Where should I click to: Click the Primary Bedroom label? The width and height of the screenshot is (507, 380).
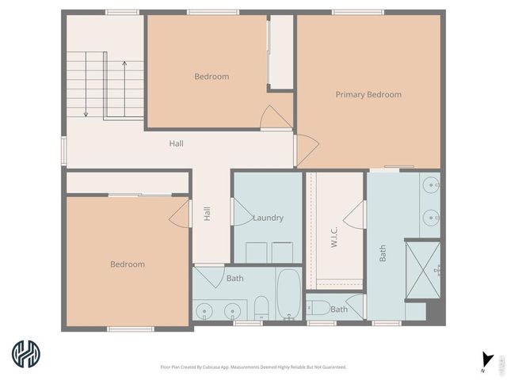[368, 95]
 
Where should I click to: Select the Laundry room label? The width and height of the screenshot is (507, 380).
[268, 218]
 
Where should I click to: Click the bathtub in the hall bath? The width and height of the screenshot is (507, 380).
[288, 294]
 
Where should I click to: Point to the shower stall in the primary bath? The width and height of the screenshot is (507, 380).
[422, 270]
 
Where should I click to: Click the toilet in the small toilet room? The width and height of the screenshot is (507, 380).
[319, 307]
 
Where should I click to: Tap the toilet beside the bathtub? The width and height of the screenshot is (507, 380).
[261, 307]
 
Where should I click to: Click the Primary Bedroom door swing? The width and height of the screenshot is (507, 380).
[306, 149]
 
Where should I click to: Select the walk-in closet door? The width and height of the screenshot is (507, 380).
[354, 214]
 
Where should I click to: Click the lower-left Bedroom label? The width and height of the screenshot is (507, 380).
[128, 264]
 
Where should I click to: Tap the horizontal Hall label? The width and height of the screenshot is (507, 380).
[176, 144]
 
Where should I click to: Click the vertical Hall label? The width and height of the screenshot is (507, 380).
[207, 213]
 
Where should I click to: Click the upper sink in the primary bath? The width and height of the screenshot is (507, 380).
[430, 186]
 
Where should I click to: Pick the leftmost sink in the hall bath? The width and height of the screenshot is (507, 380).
[204, 310]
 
